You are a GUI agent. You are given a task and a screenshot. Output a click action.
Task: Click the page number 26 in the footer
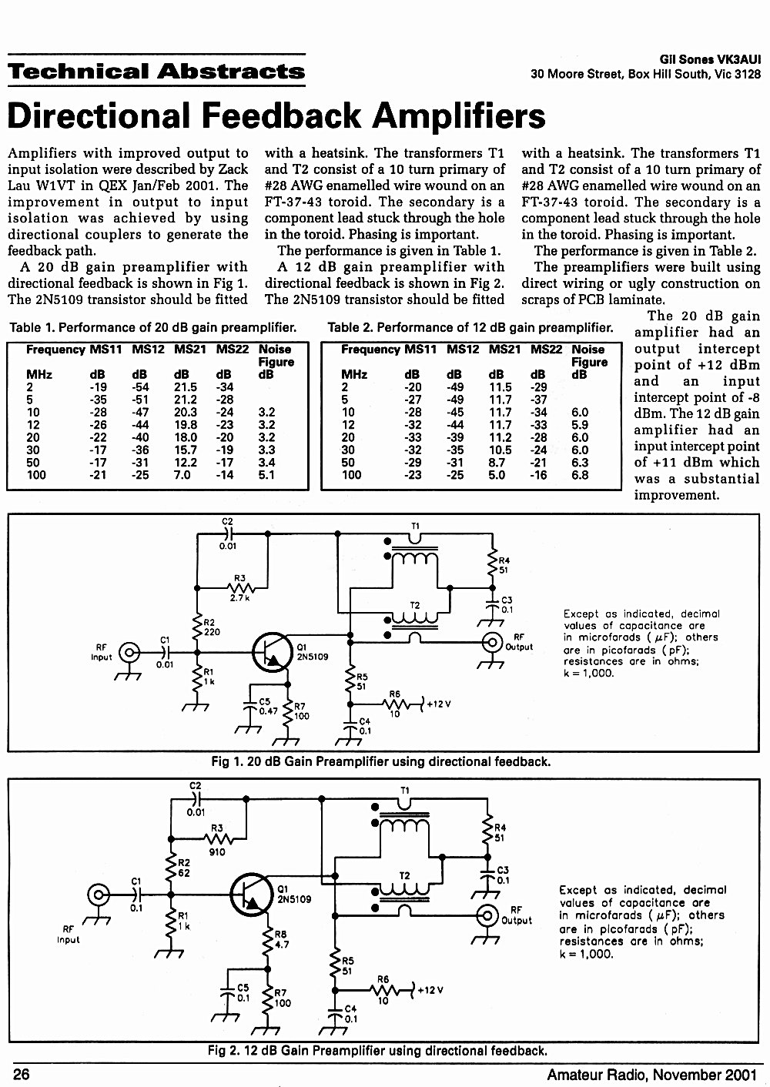22,1074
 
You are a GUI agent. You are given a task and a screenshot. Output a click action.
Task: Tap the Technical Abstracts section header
156,71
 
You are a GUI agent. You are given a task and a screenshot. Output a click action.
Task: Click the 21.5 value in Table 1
186,386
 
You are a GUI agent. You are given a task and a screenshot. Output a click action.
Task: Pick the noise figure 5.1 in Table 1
266,474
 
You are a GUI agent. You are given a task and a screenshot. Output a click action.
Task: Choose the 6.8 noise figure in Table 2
580,474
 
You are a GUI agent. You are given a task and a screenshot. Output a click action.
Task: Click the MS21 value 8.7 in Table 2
497,463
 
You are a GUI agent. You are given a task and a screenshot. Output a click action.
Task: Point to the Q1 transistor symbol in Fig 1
273,652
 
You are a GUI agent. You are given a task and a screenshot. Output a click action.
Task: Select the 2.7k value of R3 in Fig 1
239,598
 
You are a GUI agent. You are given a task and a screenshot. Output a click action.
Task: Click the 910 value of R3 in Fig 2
217,852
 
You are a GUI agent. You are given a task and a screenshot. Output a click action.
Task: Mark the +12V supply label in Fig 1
439,704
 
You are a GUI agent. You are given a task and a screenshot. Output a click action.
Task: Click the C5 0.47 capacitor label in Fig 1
267,706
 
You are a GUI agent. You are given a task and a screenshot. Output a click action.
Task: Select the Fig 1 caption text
381,761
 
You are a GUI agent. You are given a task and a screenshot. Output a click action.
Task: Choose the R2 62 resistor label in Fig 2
184,868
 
